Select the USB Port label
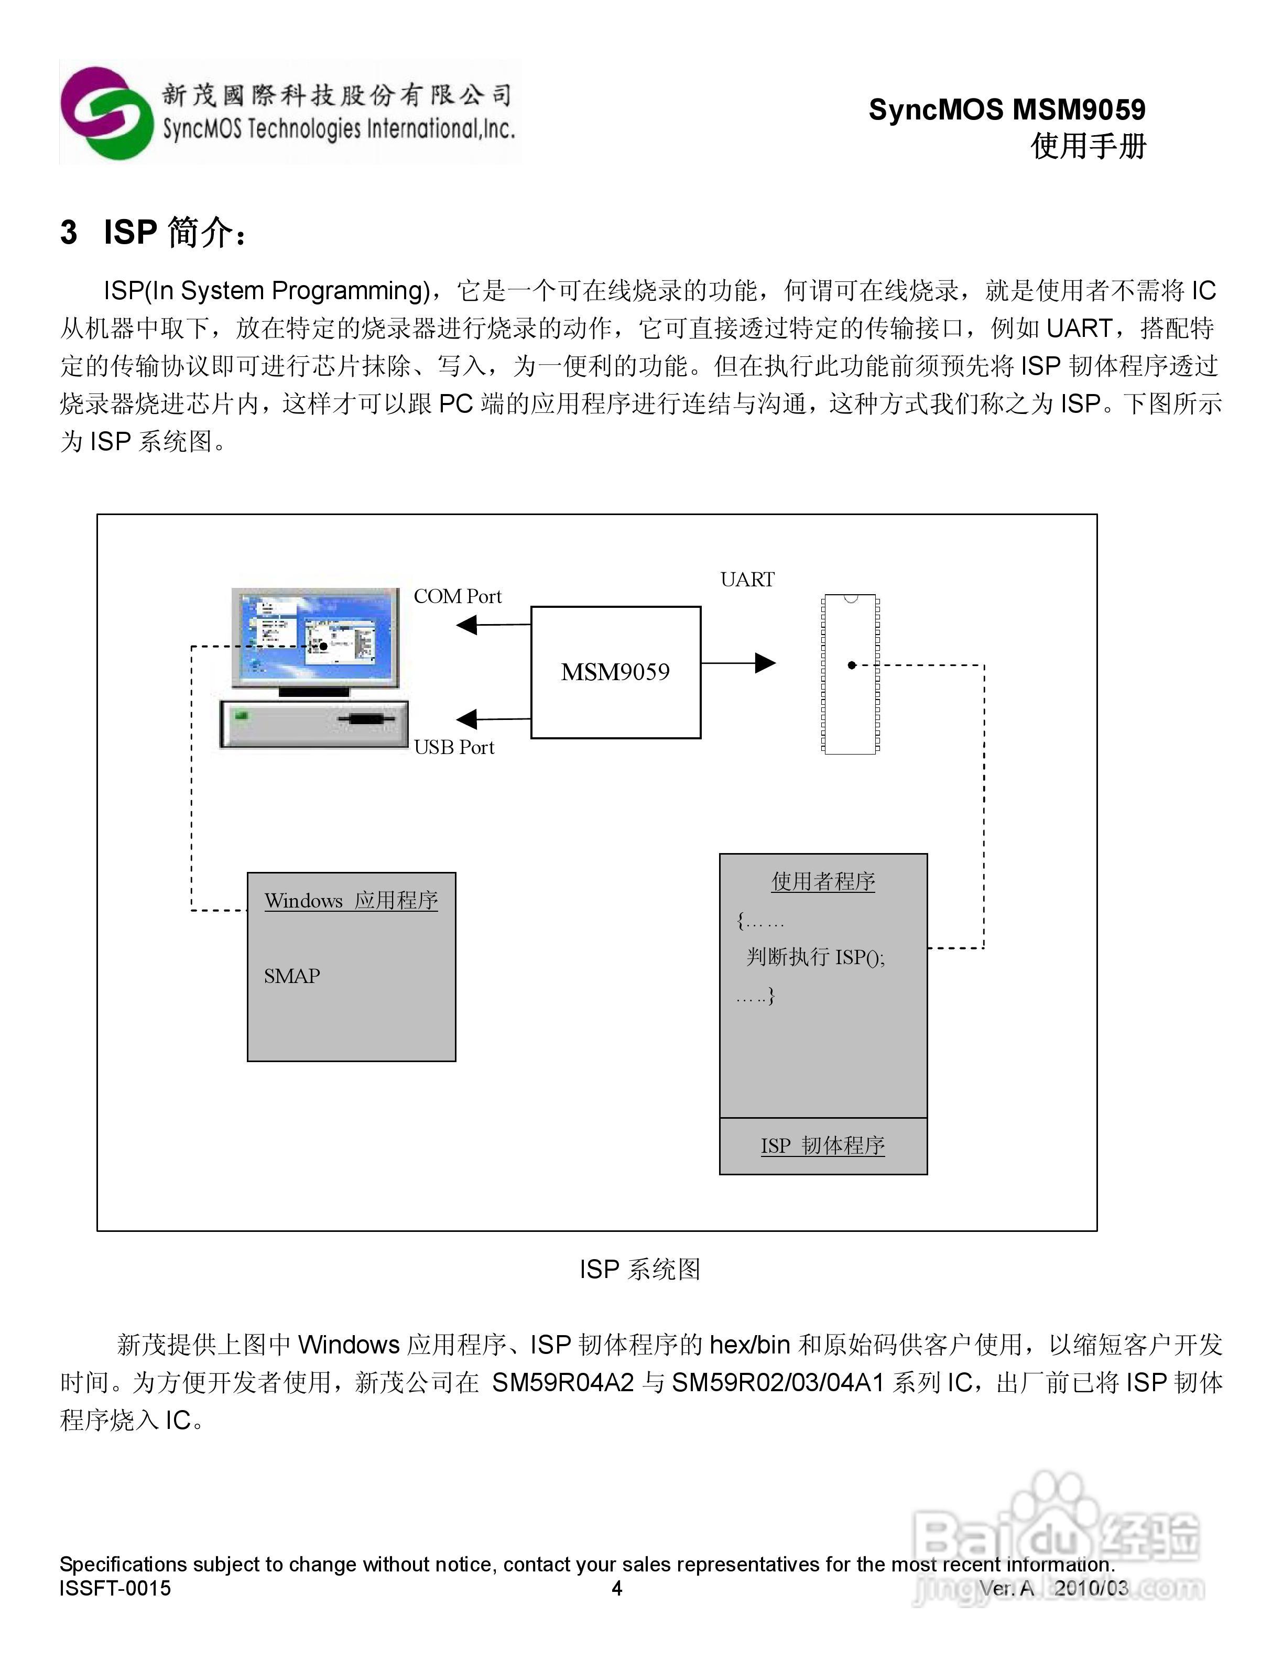454,748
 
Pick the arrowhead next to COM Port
466,625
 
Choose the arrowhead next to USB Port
466,719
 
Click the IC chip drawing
851,674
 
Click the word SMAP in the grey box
292,976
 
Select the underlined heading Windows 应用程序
351,901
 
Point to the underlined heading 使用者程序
823,882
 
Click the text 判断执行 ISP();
816,957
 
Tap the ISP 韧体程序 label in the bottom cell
823,1145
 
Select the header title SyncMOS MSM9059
1007,110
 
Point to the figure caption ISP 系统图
640,1269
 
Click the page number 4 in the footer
617,1588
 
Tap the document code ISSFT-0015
115,1588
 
